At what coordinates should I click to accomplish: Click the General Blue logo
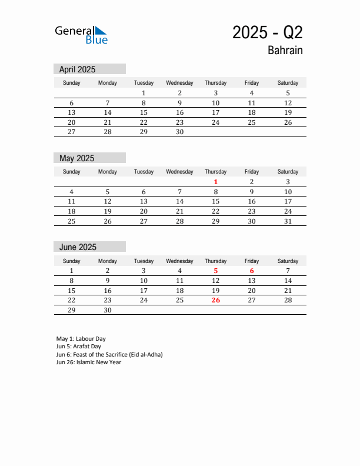pyautogui.click(x=81, y=35)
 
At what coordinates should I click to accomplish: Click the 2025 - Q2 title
pyautogui.click(x=267, y=32)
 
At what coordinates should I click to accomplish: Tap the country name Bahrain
pyautogui.click(x=285, y=51)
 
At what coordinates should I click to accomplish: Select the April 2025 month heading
pyautogui.click(x=77, y=69)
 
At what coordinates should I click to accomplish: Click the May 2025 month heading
pyautogui.click(x=76, y=158)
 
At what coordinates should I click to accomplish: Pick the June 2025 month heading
pyautogui.click(x=78, y=247)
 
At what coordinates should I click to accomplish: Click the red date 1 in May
pyautogui.click(x=216, y=182)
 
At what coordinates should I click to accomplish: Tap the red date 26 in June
pyautogui.click(x=216, y=300)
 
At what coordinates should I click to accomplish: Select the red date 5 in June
pyautogui.click(x=216, y=271)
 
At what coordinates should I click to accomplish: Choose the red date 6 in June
pyautogui.click(x=252, y=271)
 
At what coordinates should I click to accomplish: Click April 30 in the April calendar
pyautogui.click(x=180, y=132)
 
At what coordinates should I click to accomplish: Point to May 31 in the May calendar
pyautogui.click(x=288, y=221)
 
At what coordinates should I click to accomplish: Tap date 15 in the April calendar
pyautogui.click(x=144, y=112)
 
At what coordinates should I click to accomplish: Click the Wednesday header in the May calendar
pyautogui.click(x=179, y=172)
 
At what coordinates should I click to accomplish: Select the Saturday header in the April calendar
pyautogui.click(x=288, y=83)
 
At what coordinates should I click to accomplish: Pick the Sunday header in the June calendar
pyautogui.click(x=72, y=261)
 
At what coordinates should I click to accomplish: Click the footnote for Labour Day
pyautogui.click(x=81, y=339)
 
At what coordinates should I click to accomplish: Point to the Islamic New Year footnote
pyautogui.click(x=89, y=362)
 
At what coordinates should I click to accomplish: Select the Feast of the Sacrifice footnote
pyautogui.click(x=109, y=355)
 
